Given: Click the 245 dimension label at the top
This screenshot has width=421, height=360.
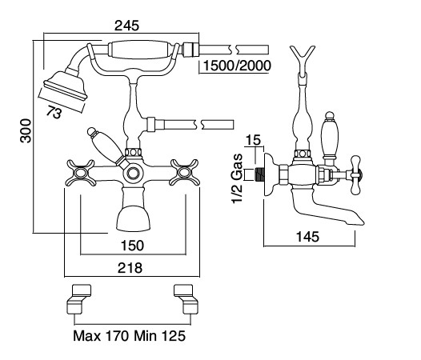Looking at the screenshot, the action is (x=126, y=26).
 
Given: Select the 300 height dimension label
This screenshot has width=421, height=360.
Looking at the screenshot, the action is (x=26, y=130).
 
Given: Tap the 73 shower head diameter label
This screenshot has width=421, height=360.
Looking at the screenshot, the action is (x=54, y=112).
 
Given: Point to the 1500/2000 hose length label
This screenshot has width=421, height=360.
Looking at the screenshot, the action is (x=237, y=66).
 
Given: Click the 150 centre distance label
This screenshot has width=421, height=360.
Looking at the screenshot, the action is (x=132, y=246).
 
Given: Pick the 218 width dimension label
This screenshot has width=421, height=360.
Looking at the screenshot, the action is (x=130, y=268).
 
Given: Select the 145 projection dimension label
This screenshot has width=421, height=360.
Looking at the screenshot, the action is (x=307, y=237).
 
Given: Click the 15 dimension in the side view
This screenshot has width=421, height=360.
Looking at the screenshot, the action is (x=253, y=140).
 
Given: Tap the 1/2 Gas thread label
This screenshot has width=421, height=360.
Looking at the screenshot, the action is (x=237, y=178).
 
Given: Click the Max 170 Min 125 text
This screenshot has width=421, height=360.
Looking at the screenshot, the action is (x=130, y=335).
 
